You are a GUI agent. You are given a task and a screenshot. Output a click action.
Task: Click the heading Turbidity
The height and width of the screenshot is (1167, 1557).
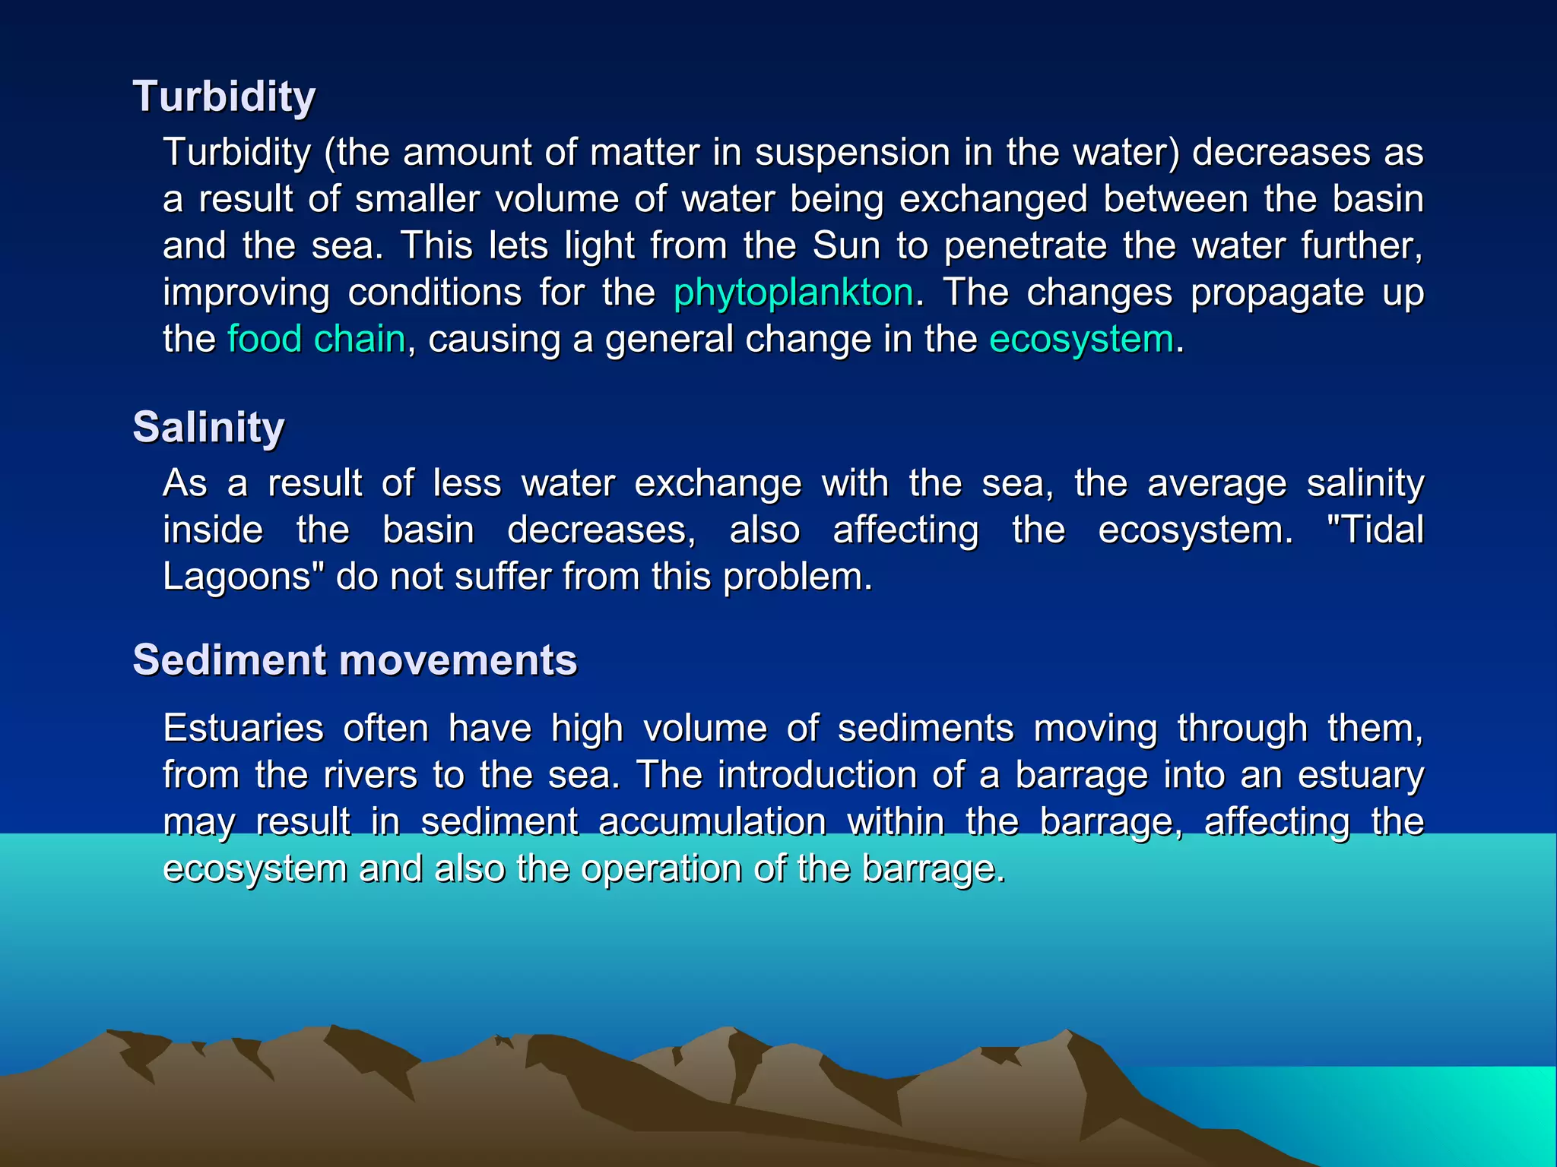(224, 97)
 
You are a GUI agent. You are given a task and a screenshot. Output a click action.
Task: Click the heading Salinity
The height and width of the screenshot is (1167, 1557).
(208, 427)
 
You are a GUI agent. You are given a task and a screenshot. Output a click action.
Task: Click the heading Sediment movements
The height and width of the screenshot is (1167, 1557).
(354, 659)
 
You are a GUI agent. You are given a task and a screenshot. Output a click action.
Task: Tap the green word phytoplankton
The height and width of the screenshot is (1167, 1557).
(793, 293)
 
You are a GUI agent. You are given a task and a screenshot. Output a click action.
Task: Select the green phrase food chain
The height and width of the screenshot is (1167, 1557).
(316, 340)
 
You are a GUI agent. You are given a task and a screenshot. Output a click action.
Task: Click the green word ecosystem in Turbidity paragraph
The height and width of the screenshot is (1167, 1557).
(1081, 340)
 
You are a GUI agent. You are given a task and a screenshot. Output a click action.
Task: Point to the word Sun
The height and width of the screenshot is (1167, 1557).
(846, 246)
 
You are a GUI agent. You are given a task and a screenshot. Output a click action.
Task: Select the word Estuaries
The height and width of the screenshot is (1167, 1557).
(243, 729)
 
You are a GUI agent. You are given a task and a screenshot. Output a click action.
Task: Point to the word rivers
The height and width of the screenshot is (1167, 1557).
(370, 775)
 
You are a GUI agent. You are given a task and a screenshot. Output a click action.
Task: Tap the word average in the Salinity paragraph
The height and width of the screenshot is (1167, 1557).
(1216, 483)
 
